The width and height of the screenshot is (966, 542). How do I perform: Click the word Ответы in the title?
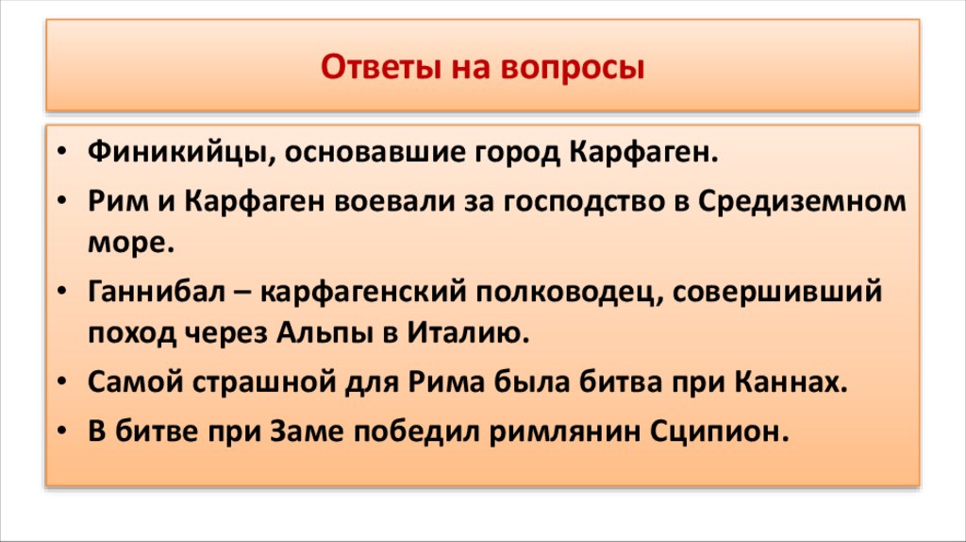368,69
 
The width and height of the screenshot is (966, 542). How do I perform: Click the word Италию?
463,332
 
